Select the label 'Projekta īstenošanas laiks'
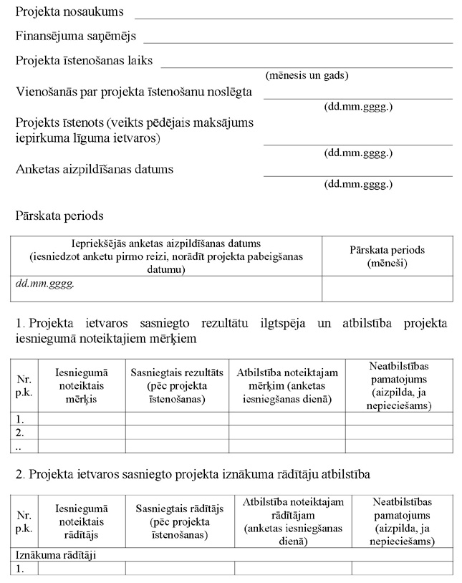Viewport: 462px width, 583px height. [84, 61]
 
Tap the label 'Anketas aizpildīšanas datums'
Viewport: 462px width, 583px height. [95, 170]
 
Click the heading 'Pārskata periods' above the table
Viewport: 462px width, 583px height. [59, 215]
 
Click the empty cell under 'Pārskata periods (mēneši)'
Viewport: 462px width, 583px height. [387, 289]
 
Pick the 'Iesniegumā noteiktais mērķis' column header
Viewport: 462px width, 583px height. [81, 385]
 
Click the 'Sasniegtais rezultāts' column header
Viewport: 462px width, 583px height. [177, 385]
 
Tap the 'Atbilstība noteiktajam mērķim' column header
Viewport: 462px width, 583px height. [287, 385]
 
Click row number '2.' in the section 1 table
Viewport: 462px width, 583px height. [21, 433]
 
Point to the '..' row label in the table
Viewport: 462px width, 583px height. [20, 445]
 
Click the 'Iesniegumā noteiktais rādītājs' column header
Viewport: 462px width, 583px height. [81, 521]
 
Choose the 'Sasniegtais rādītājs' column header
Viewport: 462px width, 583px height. [179, 521]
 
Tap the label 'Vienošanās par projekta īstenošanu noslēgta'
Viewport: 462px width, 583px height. [134, 92]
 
